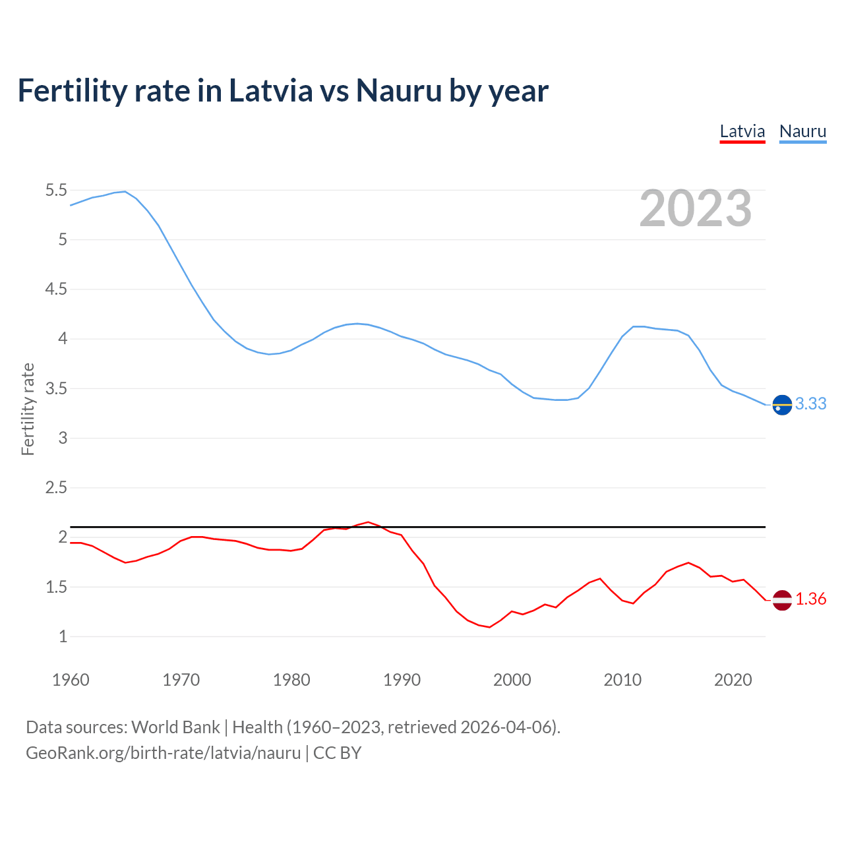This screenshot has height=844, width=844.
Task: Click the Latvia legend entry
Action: (x=742, y=131)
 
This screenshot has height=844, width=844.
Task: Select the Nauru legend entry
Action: (x=802, y=131)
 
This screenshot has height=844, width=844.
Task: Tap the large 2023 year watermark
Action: (x=695, y=208)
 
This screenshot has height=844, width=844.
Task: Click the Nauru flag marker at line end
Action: (x=782, y=405)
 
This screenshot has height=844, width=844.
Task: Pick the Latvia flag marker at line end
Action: (x=782, y=599)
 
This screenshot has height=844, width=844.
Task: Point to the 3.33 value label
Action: (x=810, y=404)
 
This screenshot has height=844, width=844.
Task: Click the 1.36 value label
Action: (x=810, y=599)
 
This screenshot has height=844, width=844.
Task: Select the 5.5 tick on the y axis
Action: (x=56, y=191)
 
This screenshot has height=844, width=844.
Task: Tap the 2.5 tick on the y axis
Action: (x=56, y=488)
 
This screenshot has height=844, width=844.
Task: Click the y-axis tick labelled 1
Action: (x=63, y=637)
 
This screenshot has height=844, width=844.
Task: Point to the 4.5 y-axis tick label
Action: (x=56, y=289)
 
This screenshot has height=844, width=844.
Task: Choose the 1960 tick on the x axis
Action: (x=71, y=680)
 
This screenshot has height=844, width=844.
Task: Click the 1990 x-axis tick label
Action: (x=402, y=680)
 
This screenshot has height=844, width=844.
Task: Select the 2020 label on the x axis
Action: (x=733, y=680)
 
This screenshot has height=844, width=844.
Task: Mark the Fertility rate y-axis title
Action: (x=28, y=409)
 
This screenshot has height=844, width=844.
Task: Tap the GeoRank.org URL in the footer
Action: (x=163, y=752)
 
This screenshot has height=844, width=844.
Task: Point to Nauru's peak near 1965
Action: (x=125, y=191)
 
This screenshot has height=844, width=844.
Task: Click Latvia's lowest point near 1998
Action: (x=489, y=627)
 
